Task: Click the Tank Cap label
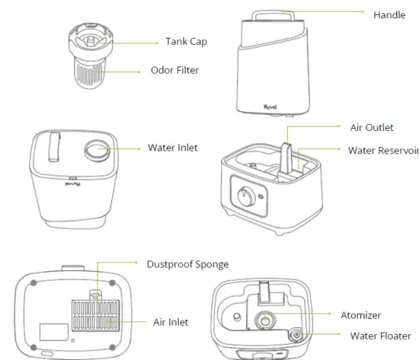(187, 41)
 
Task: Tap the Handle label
(389, 14)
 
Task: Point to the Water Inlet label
(173, 146)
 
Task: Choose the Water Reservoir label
(383, 150)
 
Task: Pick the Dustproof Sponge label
(187, 264)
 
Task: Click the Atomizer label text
(362, 314)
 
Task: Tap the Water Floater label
(380, 335)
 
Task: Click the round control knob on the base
(241, 191)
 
